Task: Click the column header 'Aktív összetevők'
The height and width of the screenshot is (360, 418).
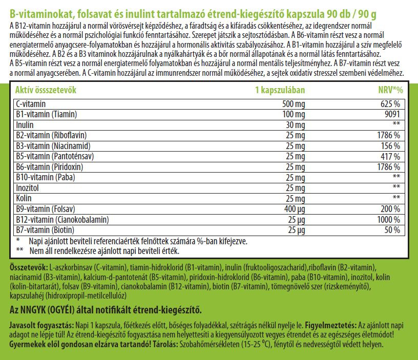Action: [x=46, y=90]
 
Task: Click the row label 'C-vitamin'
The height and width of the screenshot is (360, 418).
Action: [x=31, y=103]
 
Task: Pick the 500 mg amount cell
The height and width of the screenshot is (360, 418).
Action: [x=292, y=103]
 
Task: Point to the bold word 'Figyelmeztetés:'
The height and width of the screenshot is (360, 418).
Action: [x=333, y=325]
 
